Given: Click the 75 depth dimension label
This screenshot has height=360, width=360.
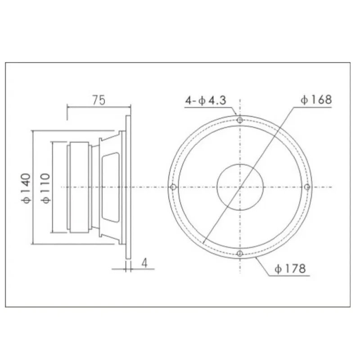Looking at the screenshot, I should [99, 100].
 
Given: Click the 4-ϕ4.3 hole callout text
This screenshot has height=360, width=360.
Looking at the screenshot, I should [205, 101].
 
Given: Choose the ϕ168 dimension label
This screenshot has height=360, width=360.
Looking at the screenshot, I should [316, 99].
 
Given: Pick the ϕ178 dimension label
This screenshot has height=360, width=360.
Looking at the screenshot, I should [291, 269].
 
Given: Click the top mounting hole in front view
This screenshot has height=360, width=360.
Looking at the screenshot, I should [240, 120].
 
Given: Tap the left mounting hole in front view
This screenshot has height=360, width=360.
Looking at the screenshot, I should [173, 187].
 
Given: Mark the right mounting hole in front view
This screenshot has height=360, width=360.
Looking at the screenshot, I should [307, 187].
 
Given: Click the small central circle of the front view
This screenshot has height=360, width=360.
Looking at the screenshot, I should [240, 187].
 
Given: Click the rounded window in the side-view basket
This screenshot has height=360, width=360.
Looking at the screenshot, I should [111, 187].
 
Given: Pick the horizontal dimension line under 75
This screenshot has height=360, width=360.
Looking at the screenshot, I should [99, 107].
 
